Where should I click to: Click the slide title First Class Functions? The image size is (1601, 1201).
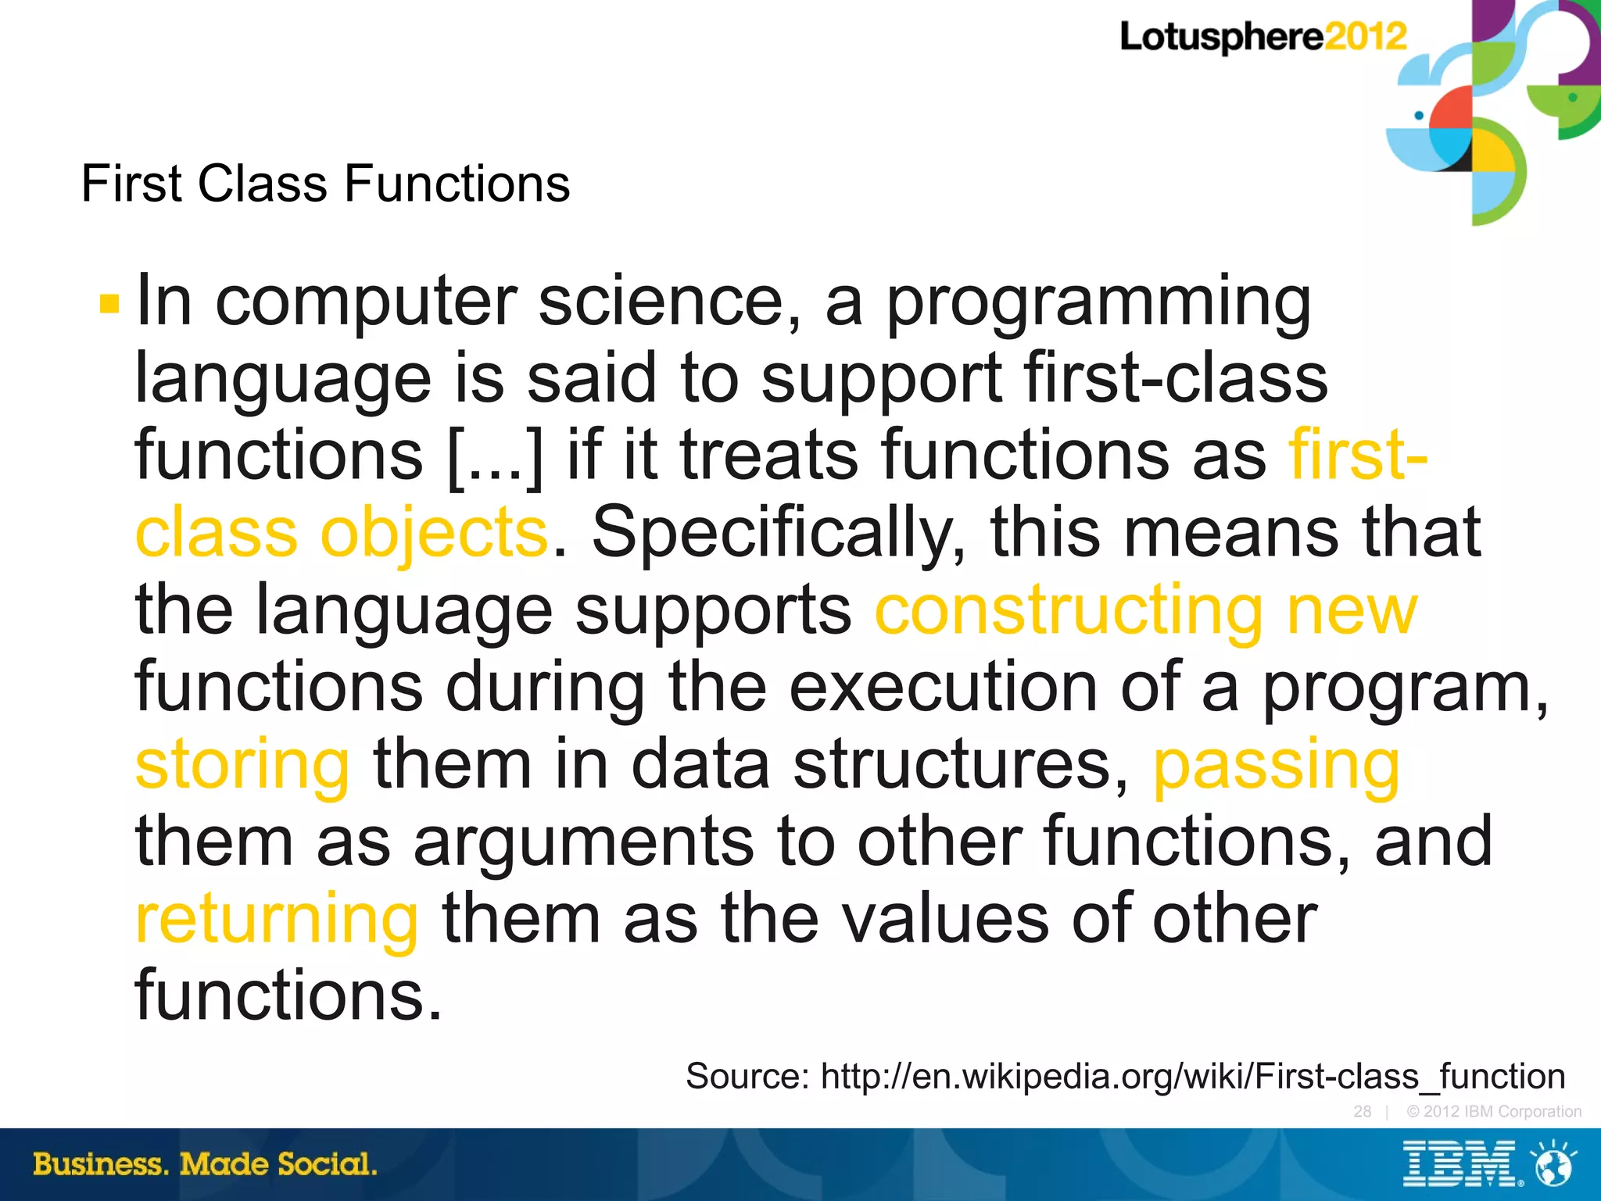click(x=325, y=184)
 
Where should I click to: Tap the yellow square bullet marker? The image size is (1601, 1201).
click(x=109, y=303)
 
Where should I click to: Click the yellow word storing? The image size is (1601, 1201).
click(x=242, y=765)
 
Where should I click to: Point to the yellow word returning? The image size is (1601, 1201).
click(x=277, y=920)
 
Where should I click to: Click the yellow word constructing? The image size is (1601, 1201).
click(x=1068, y=612)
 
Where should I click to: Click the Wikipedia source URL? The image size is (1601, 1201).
click(x=1192, y=1077)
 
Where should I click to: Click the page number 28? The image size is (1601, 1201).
click(x=1362, y=1111)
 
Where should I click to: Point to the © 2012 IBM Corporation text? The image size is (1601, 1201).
click(x=1493, y=1111)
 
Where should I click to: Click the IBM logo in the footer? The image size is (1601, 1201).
click(x=1460, y=1164)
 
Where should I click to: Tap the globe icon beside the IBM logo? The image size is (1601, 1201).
click(x=1553, y=1165)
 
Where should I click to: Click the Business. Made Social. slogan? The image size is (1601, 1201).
click(x=205, y=1164)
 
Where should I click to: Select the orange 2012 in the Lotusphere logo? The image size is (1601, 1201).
click(x=1365, y=37)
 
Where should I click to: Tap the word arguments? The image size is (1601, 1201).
click(x=583, y=842)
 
